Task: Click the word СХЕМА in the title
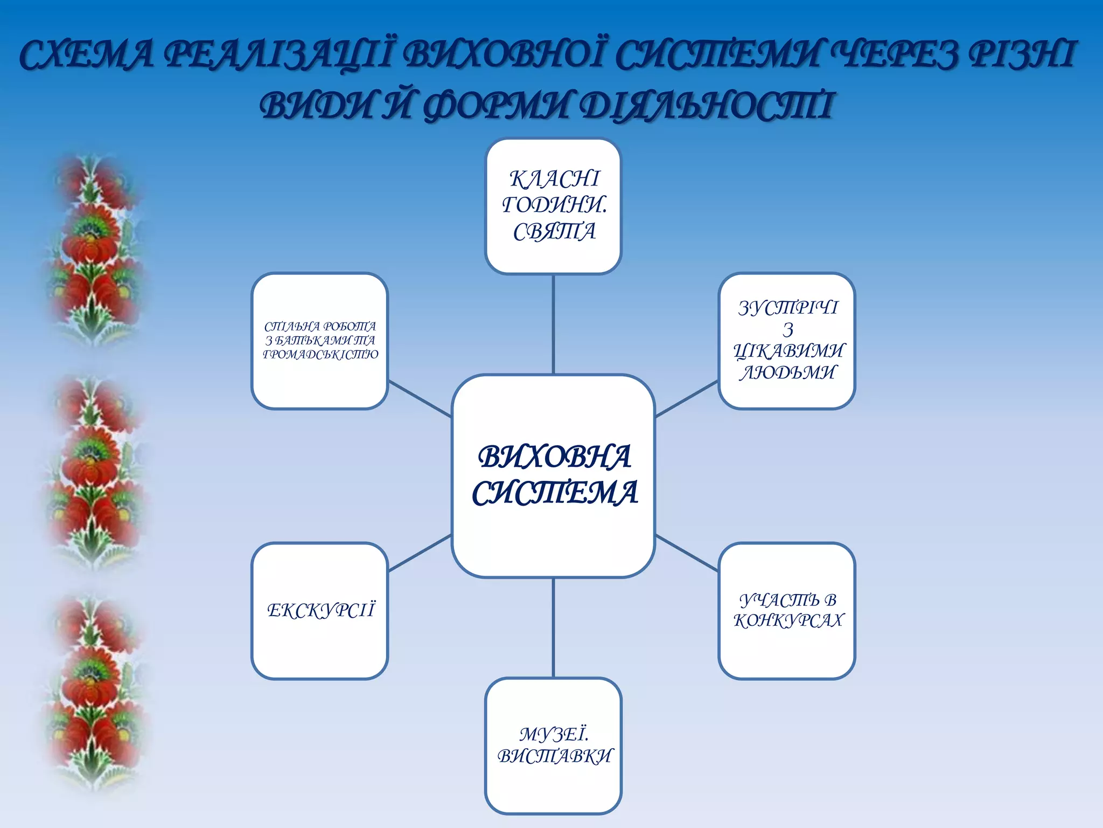point(86,56)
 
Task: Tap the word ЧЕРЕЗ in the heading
point(895,56)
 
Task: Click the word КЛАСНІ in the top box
point(554,179)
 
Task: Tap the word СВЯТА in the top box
point(554,232)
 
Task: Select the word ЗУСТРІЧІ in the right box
point(788,308)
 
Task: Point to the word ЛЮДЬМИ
point(788,372)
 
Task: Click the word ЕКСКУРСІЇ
point(320,610)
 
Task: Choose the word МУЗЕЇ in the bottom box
point(553,734)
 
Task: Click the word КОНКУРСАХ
point(788,620)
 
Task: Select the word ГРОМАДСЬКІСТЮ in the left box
point(320,355)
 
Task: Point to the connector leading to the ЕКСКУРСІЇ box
point(420,553)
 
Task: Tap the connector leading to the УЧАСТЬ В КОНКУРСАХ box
point(687,553)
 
